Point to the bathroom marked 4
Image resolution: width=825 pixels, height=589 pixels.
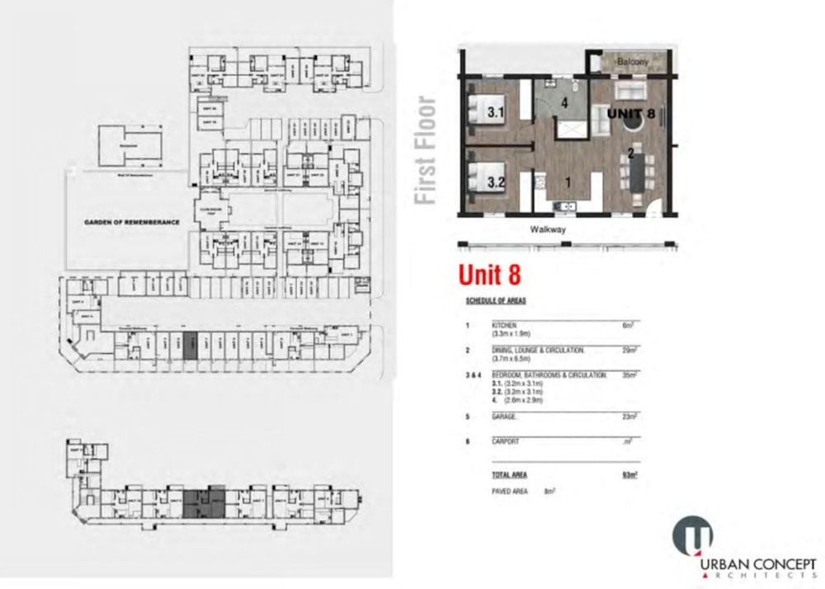[x=564, y=104]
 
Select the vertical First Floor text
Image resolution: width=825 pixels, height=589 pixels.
[x=425, y=151]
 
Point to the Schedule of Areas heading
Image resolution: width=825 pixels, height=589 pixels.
[x=495, y=300]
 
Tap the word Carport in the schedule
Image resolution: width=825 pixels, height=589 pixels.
[x=504, y=441]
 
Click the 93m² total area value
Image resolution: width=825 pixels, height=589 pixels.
[x=630, y=474]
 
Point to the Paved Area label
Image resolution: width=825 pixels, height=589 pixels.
[x=509, y=491]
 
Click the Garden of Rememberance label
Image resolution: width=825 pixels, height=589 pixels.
[x=131, y=222]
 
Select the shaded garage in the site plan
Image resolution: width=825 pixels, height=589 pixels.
[x=189, y=345]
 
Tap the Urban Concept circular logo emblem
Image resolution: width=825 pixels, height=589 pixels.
[x=692, y=535]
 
